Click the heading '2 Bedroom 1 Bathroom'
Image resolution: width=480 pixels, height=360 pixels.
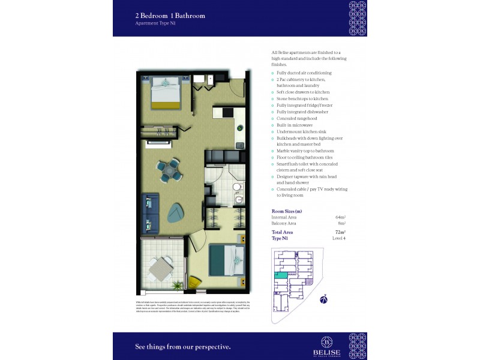pos(170,16)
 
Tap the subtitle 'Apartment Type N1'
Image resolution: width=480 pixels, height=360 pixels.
pos(156,23)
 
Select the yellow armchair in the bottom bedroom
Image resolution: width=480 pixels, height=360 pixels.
pos(195,282)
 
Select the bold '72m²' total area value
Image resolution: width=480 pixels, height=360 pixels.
pos(340,232)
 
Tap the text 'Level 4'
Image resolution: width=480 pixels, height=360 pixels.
pos(340,238)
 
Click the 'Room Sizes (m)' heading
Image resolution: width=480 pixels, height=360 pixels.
pos(287,211)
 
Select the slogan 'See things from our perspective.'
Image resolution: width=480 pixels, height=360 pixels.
pos(182,346)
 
